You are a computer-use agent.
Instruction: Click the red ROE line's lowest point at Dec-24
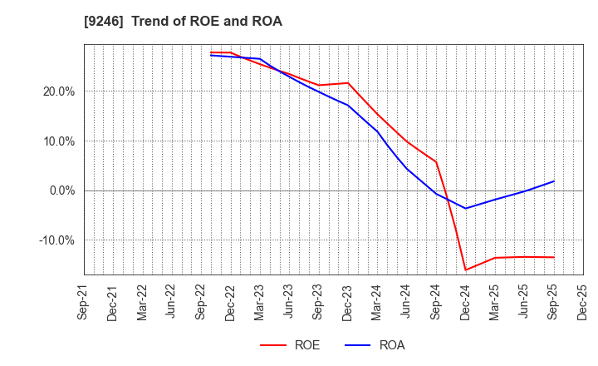465,270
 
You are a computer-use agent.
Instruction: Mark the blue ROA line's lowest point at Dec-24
465,208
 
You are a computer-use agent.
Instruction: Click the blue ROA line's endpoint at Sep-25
553,181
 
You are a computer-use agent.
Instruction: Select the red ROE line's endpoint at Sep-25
553,257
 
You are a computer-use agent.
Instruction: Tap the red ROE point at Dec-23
348,82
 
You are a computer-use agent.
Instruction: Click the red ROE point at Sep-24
436,161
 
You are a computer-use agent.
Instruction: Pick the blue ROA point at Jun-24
407,169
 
